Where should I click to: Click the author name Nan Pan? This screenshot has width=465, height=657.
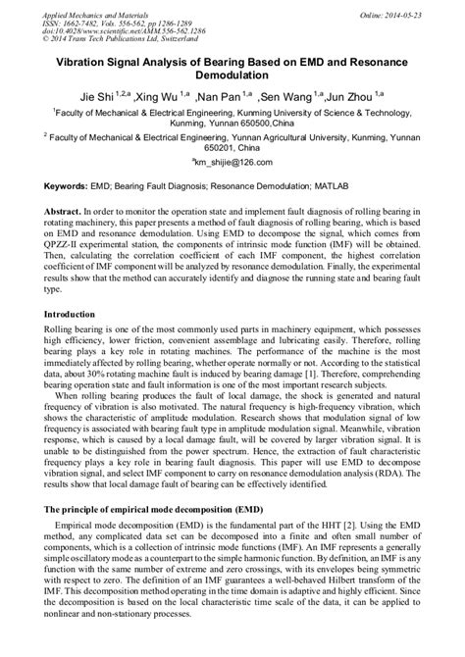(219, 99)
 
